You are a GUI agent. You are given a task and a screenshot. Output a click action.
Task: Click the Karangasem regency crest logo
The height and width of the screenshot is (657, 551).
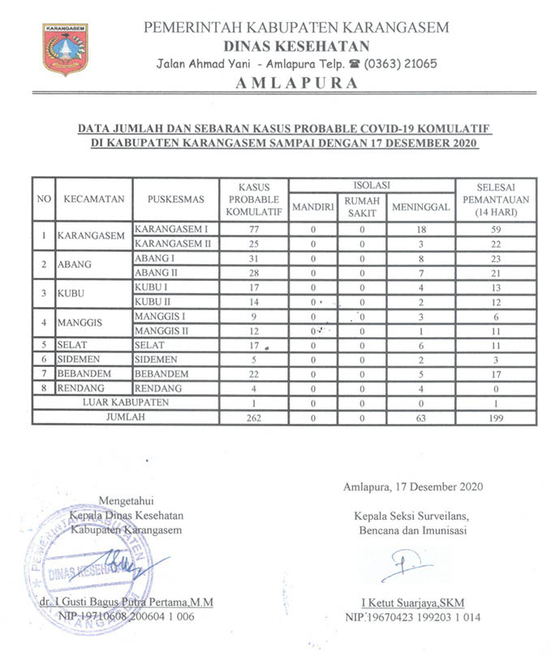pyautogui.click(x=66, y=49)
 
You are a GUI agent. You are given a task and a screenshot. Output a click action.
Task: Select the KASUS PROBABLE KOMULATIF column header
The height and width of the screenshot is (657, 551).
pyautogui.click(x=253, y=199)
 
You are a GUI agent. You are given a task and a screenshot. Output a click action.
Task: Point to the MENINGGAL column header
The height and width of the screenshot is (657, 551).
pyautogui.click(x=420, y=207)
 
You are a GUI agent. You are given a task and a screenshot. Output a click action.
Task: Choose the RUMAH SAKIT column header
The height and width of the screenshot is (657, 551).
pyautogui.click(x=362, y=206)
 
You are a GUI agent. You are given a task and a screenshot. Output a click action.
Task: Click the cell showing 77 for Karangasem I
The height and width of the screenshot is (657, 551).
pyautogui.click(x=253, y=230)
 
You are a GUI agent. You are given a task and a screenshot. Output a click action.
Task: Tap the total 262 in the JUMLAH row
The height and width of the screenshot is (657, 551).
pyautogui.click(x=253, y=418)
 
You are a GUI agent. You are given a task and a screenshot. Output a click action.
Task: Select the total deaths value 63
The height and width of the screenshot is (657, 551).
pyautogui.click(x=420, y=418)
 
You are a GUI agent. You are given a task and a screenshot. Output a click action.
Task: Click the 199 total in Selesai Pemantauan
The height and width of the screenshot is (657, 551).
pyautogui.click(x=496, y=418)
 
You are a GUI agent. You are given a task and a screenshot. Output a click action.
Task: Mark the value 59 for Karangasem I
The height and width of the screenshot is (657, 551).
pyautogui.click(x=496, y=230)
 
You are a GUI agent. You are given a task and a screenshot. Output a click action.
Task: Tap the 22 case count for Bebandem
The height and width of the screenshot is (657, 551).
pyautogui.click(x=253, y=374)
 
